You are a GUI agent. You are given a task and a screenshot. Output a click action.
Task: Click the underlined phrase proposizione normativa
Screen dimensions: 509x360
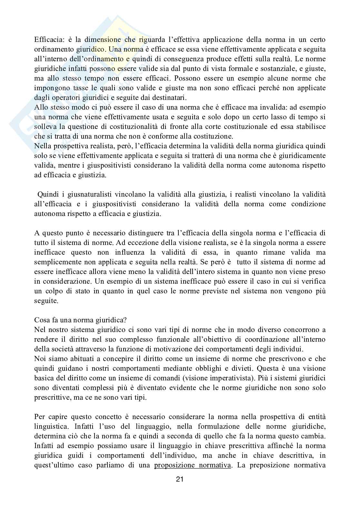coord(193,465)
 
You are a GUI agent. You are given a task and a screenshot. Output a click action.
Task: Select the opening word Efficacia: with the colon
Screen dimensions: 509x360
coord(48,40)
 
